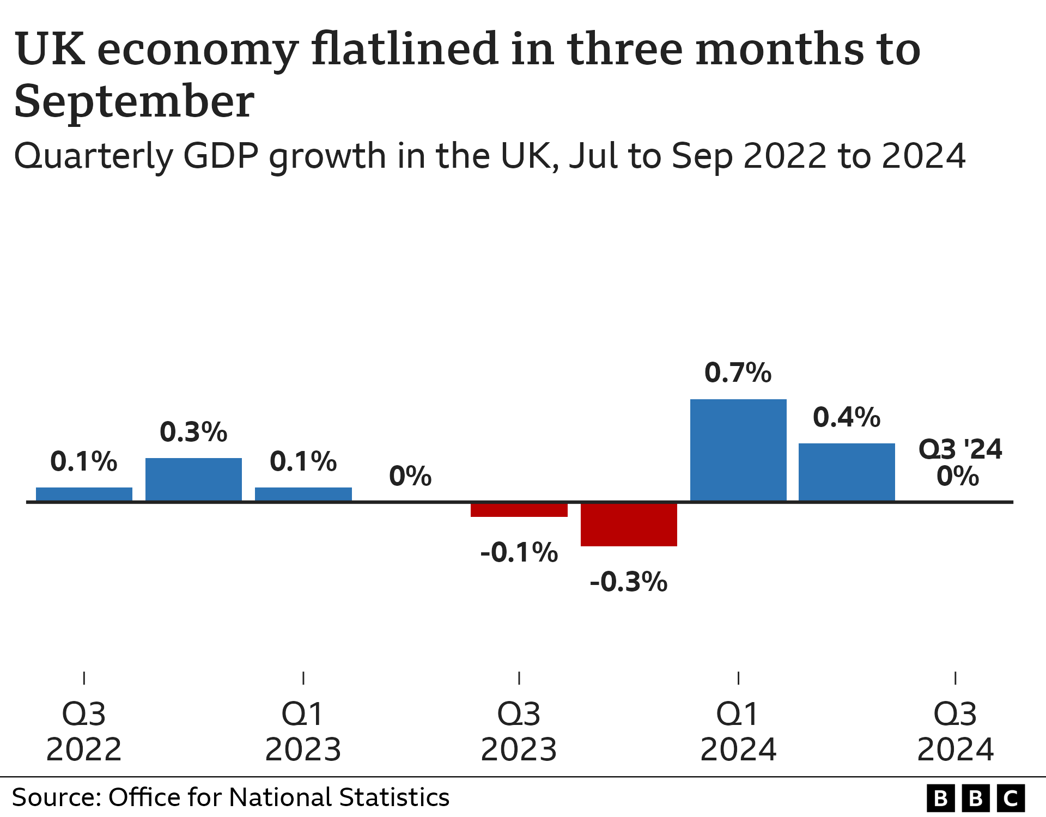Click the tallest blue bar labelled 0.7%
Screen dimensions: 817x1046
coord(738,450)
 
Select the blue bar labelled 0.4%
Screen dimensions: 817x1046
coord(847,472)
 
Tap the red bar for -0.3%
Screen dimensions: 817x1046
coord(629,524)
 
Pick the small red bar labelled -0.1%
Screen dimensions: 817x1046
coord(519,510)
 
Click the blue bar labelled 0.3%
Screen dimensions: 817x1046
coord(193,479)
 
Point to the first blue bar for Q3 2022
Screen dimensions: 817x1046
coord(84,494)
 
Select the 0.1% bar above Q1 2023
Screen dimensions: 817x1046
coord(303,494)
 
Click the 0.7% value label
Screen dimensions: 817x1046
coord(738,373)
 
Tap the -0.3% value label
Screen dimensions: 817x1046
coord(628,582)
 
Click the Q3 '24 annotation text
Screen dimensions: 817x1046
coord(960,449)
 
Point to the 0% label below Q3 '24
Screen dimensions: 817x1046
coord(958,477)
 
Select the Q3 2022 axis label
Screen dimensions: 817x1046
coord(84,731)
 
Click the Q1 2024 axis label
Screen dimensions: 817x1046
coord(738,731)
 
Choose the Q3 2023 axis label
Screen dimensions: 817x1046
coord(519,731)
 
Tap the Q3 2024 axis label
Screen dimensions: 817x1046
coord(955,731)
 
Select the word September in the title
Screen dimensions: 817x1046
coord(133,102)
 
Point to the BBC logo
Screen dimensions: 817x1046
coord(975,798)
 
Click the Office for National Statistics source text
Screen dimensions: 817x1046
coord(278,797)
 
